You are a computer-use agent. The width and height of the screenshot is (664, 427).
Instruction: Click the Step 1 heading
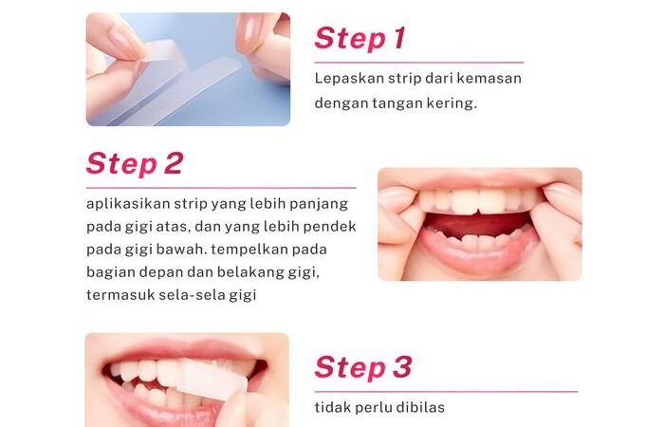tap(360, 39)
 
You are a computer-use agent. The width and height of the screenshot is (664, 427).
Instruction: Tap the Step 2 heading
tap(135, 163)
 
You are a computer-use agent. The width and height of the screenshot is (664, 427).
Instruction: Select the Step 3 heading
tap(363, 367)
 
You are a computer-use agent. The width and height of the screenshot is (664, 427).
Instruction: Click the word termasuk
tap(120, 295)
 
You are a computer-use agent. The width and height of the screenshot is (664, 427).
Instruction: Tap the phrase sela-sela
tap(192, 295)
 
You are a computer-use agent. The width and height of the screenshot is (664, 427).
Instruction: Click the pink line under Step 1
tap(419, 63)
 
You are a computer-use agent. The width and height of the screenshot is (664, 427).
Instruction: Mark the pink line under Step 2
tap(221, 188)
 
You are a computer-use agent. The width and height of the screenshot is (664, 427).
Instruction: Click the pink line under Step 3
tap(446, 392)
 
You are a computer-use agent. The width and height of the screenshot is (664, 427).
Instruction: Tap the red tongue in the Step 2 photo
tap(478, 225)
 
